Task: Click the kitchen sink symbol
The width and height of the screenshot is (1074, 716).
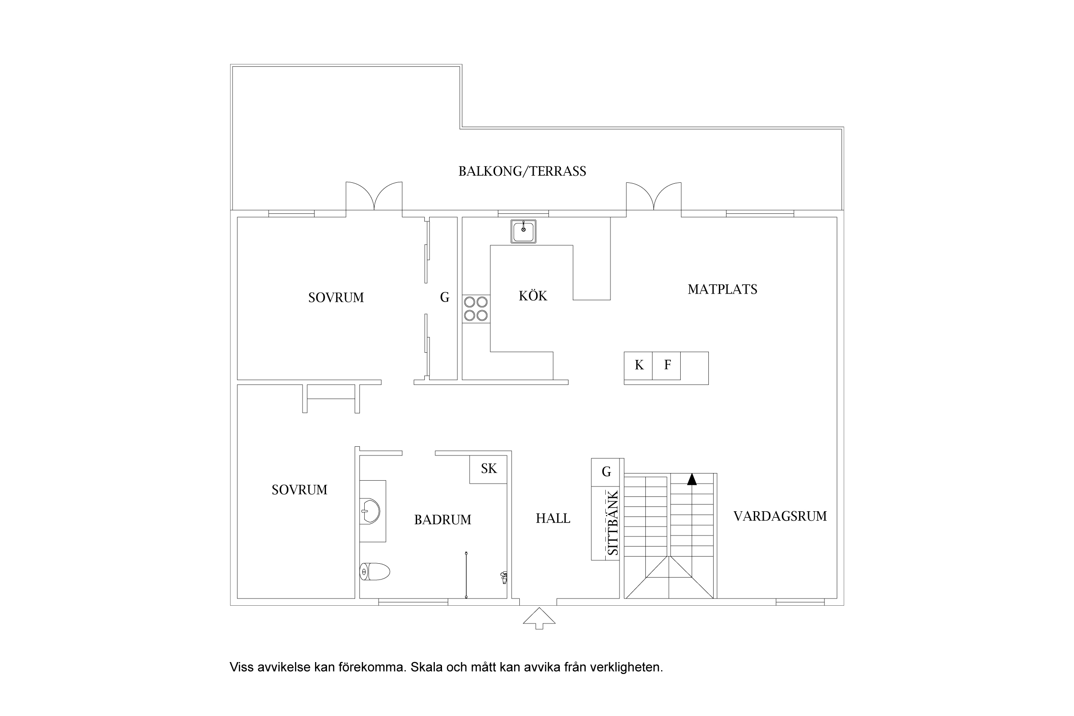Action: (523, 232)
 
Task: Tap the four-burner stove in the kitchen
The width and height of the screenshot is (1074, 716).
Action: (476, 308)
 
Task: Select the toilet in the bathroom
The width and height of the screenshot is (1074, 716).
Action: (375, 571)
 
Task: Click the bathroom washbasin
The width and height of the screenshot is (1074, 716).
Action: (370, 511)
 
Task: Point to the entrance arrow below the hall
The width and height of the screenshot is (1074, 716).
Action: (539, 619)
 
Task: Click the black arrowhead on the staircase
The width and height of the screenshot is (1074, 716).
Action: (692, 479)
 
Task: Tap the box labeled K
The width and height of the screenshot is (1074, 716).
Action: (638, 366)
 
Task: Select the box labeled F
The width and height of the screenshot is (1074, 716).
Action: (666, 366)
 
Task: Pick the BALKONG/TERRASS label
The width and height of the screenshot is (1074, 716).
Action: (522, 171)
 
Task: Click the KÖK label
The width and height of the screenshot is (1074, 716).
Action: (533, 296)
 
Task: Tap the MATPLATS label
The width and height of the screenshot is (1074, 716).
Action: (722, 289)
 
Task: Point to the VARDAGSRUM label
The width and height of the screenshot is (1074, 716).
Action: (780, 516)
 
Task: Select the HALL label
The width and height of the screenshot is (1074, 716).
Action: (553, 518)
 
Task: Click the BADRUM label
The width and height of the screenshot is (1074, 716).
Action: (442, 520)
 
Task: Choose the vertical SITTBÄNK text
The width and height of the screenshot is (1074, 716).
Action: (612, 523)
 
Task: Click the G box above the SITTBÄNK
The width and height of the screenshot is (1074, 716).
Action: (606, 472)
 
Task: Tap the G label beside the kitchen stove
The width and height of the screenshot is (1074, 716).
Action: (444, 297)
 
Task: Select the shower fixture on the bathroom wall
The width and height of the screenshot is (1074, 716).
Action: (503, 577)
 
